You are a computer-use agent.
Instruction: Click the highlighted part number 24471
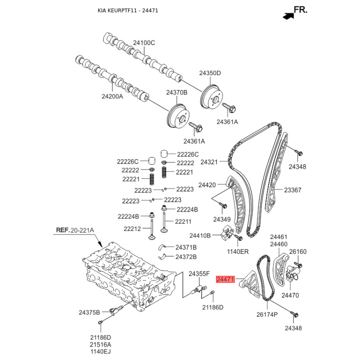click(225, 279)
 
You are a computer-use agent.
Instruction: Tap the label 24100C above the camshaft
click(144, 43)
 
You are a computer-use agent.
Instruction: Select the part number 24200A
click(112, 96)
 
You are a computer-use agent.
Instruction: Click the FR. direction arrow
click(288, 16)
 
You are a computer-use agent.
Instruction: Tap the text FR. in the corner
click(301, 9)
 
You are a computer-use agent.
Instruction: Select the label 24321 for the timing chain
click(209, 162)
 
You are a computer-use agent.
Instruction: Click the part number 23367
click(292, 190)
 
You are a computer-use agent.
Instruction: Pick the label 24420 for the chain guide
click(207, 185)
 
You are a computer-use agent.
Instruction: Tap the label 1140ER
click(238, 252)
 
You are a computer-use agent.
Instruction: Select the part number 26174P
click(267, 314)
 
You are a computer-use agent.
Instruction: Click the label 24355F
click(199, 274)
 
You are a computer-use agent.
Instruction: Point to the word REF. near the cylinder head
click(63, 230)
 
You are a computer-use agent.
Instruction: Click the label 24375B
click(89, 312)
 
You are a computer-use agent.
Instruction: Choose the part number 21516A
click(100, 344)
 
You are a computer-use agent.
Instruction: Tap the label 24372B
click(186, 256)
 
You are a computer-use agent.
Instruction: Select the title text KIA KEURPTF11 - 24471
click(128, 10)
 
